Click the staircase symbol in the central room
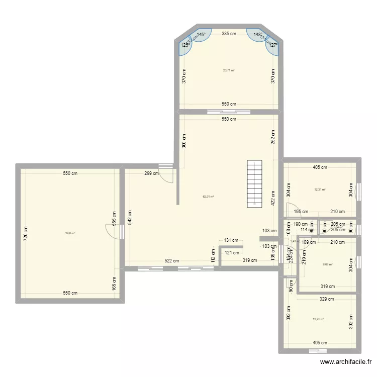[255, 183]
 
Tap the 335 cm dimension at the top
[230, 34]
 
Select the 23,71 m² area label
[229, 70]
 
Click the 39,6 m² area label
[70, 233]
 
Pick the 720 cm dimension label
[26, 233]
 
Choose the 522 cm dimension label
[171, 261]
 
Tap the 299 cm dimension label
[151, 173]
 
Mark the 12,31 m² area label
[320, 190]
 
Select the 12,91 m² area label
[319, 319]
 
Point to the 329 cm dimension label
[327, 299]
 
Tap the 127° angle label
[273, 45]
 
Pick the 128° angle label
[185, 45]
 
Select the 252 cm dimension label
[273, 137]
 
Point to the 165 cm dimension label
[114, 286]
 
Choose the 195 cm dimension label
[302, 212]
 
